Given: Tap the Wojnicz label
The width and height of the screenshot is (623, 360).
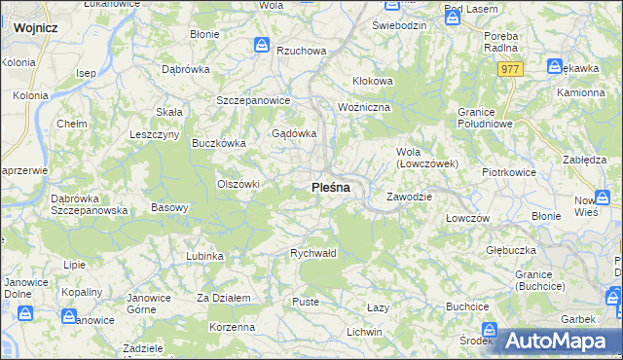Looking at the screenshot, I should pyautogui.click(x=35, y=28).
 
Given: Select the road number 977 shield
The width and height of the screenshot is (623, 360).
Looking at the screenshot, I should pyautogui.click(x=512, y=69).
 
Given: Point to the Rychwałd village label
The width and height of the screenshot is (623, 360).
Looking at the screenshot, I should pyautogui.click(x=313, y=253).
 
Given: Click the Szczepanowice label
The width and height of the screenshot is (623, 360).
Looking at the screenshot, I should pyautogui.click(x=253, y=100).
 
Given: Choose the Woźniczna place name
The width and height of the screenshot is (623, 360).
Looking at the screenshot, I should pyautogui.click(x=363, y=105).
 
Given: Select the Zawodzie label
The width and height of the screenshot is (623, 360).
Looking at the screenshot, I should pyautogui.click(x=408, y=197).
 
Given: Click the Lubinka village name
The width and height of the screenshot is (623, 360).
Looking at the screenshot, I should pyautogui.click(x=204, y=256).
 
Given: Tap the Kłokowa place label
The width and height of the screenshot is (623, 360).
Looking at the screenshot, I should pyautogui.click(x=372, y=81).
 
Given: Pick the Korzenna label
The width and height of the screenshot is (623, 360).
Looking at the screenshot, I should pyautogui.click(x=233, y=327).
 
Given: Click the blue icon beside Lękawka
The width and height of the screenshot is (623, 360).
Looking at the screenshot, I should pyautogui.click(x=555, y=67).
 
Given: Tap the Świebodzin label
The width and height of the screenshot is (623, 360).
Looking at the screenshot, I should pyautogui.click(x=399, y=24).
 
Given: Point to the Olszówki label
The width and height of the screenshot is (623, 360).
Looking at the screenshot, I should pyautogui.click(x=238, y=183).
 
